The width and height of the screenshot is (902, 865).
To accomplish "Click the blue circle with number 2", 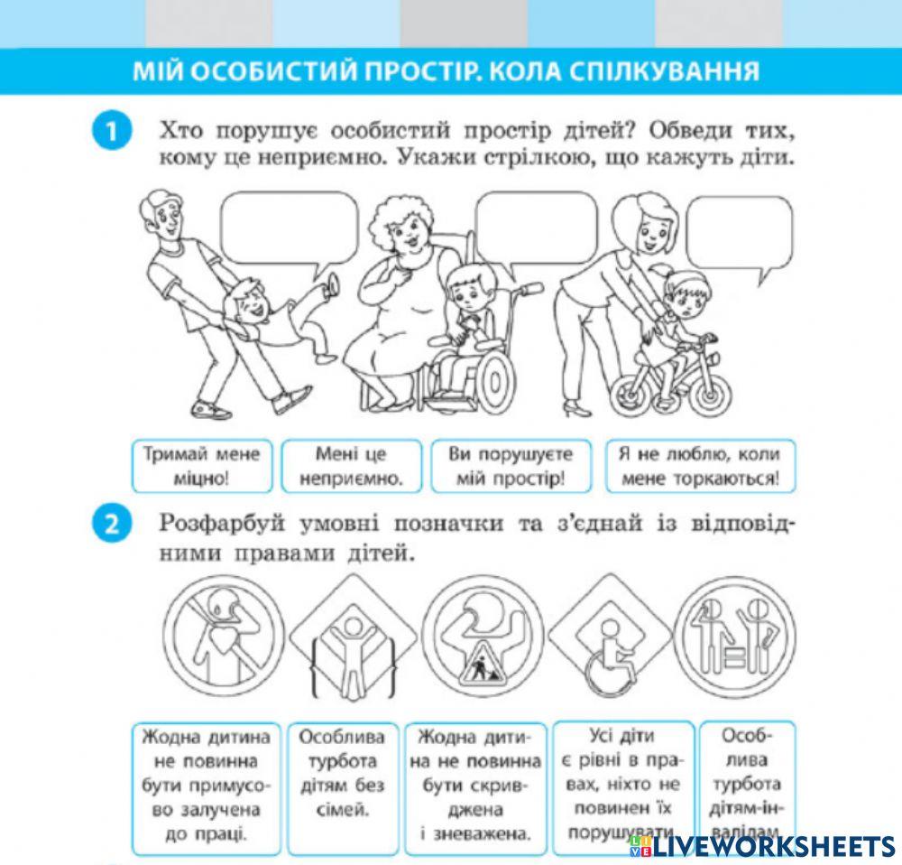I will (x=111, y=526).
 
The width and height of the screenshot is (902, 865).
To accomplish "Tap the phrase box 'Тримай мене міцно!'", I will (x=202, y=465).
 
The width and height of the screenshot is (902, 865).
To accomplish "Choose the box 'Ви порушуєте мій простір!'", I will (x=502, y=465).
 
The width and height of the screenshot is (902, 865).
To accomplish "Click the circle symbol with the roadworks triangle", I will (x=480, y=636).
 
